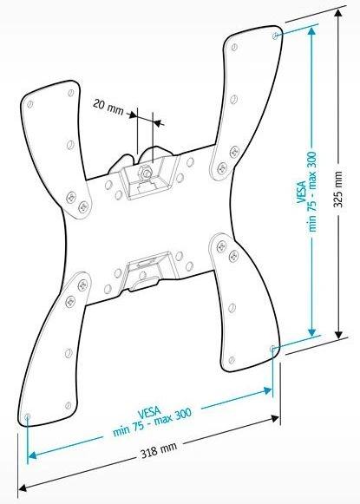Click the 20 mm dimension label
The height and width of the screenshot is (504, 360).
tap(108, 107)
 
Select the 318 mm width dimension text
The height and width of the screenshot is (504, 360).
tap(159, 449)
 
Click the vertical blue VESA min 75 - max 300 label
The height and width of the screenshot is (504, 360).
tap(307, 192)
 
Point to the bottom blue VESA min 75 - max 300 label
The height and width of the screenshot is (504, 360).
tap(152, 420)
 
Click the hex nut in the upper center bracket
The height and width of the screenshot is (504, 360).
tap(144, 173)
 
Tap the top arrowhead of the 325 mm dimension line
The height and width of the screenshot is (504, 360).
tap(338, 14)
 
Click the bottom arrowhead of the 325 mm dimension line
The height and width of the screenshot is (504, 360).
tap(338, 333)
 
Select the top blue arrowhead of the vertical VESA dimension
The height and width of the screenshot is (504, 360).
tap(311, 32)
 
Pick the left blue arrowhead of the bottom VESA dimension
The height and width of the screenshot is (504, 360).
tap(33, 455)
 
